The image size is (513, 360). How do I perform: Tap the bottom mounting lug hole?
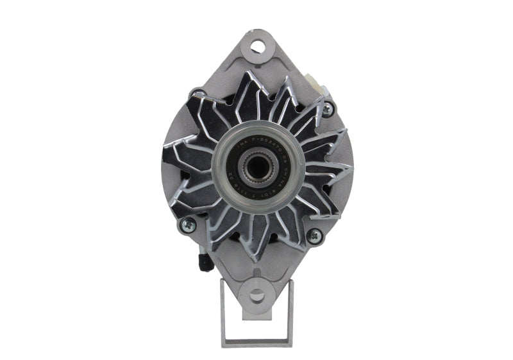(256, 296)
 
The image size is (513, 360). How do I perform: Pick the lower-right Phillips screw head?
(314, 236)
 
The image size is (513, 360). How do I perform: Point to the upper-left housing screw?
(193, 95)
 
